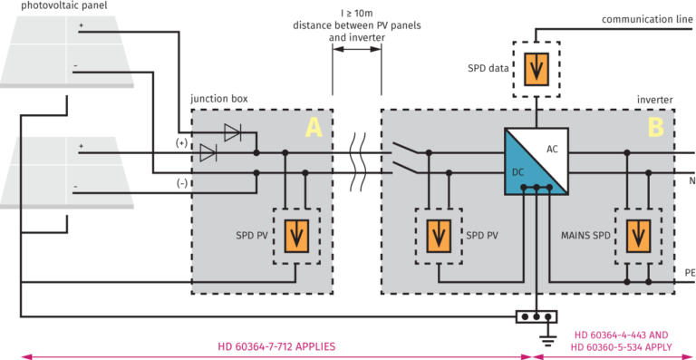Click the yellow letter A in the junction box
[313, 128]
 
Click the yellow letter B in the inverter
[654, 128]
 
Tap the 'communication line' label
[644, 18]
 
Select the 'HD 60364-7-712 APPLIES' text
[276, 346]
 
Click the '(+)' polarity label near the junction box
[183, 142]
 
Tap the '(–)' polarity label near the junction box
[183, 181]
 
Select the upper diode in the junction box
[232, 133]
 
